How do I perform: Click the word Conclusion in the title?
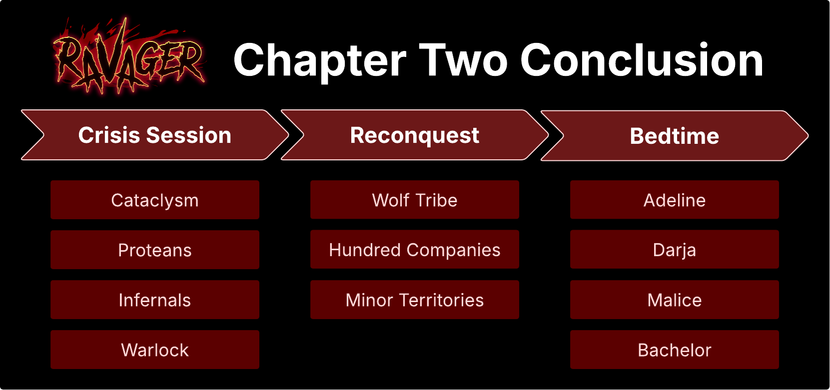tap(642, 60)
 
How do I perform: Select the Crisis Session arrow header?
tap(155, 135)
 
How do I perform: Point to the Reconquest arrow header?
tap(415, 135)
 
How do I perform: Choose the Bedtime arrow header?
tap(675, 135)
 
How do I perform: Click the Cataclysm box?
tap(155, 200)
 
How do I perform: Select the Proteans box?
tap(155, 250)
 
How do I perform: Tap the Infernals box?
tap(155, 300)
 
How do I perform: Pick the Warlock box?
tap(155, 350)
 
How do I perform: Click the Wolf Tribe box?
tap(415, 200)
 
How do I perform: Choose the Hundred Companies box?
tap(415, 249)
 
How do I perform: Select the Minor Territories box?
tap(415, 300)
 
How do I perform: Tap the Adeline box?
tap(675, 200)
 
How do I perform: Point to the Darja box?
tap(675, 249)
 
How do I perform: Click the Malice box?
tap(675, 300)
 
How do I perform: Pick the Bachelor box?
tap(675, 350)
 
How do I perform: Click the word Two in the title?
tap(463, 60)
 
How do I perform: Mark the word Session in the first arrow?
tap(188, 135)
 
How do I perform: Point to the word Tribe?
tap(437, 200)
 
